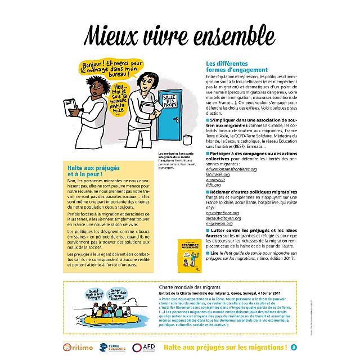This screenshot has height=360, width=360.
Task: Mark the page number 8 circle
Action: click(293, 347)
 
